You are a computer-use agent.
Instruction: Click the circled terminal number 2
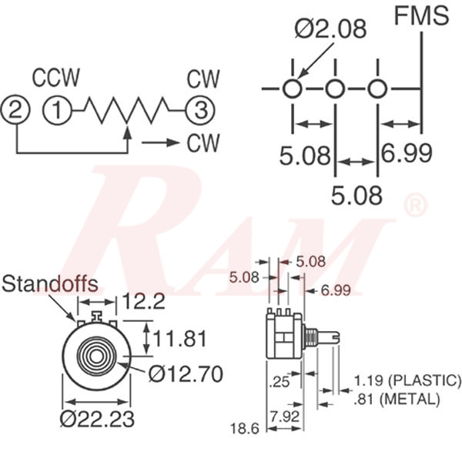[x=17, y=110]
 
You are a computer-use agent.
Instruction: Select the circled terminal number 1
[x=57, y=110]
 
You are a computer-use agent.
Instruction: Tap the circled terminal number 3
[x=200, y=110]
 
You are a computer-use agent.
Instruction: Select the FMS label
[x=421, y=15]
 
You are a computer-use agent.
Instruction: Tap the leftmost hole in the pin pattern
[x=293, y=89]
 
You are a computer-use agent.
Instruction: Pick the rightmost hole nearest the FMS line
[x=376, y=89]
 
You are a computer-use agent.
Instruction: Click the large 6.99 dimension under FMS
[x=407, y=153]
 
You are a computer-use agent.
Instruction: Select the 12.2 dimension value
[x=144, y=301]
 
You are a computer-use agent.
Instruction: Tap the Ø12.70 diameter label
[x=186, y=374]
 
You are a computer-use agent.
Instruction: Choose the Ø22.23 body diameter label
[x=98, y=419]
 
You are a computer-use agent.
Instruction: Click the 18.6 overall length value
[x=247, y=427]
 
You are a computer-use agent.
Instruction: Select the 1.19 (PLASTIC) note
[x=407, y=380]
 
